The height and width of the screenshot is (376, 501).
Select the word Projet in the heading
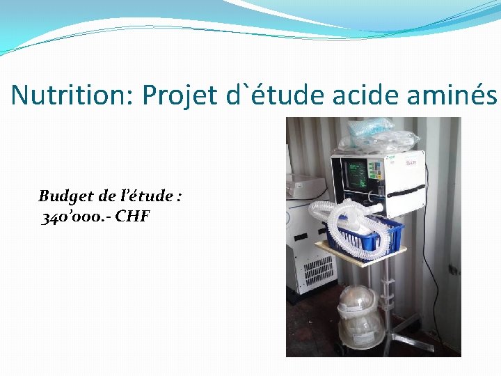pyautogui.click(x=180, y=95)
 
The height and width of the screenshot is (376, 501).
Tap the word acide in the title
pyautogui.click(x=360, y=95)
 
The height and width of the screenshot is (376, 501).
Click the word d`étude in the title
pyautogui.click(x=272, y=95)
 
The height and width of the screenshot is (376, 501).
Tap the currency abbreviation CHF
pyautogui.click(x=132, y=217)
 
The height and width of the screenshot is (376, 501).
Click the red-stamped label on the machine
pyautogui.click(x=411, y=162)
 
